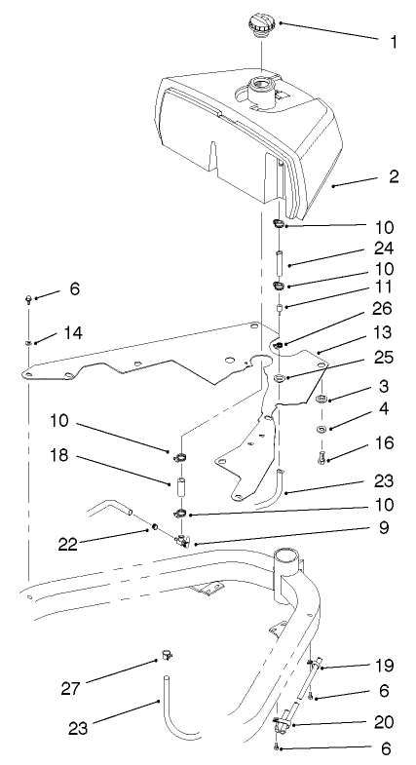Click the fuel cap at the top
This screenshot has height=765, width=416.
point(261,23)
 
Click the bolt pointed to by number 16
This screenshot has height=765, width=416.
point(322,452)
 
